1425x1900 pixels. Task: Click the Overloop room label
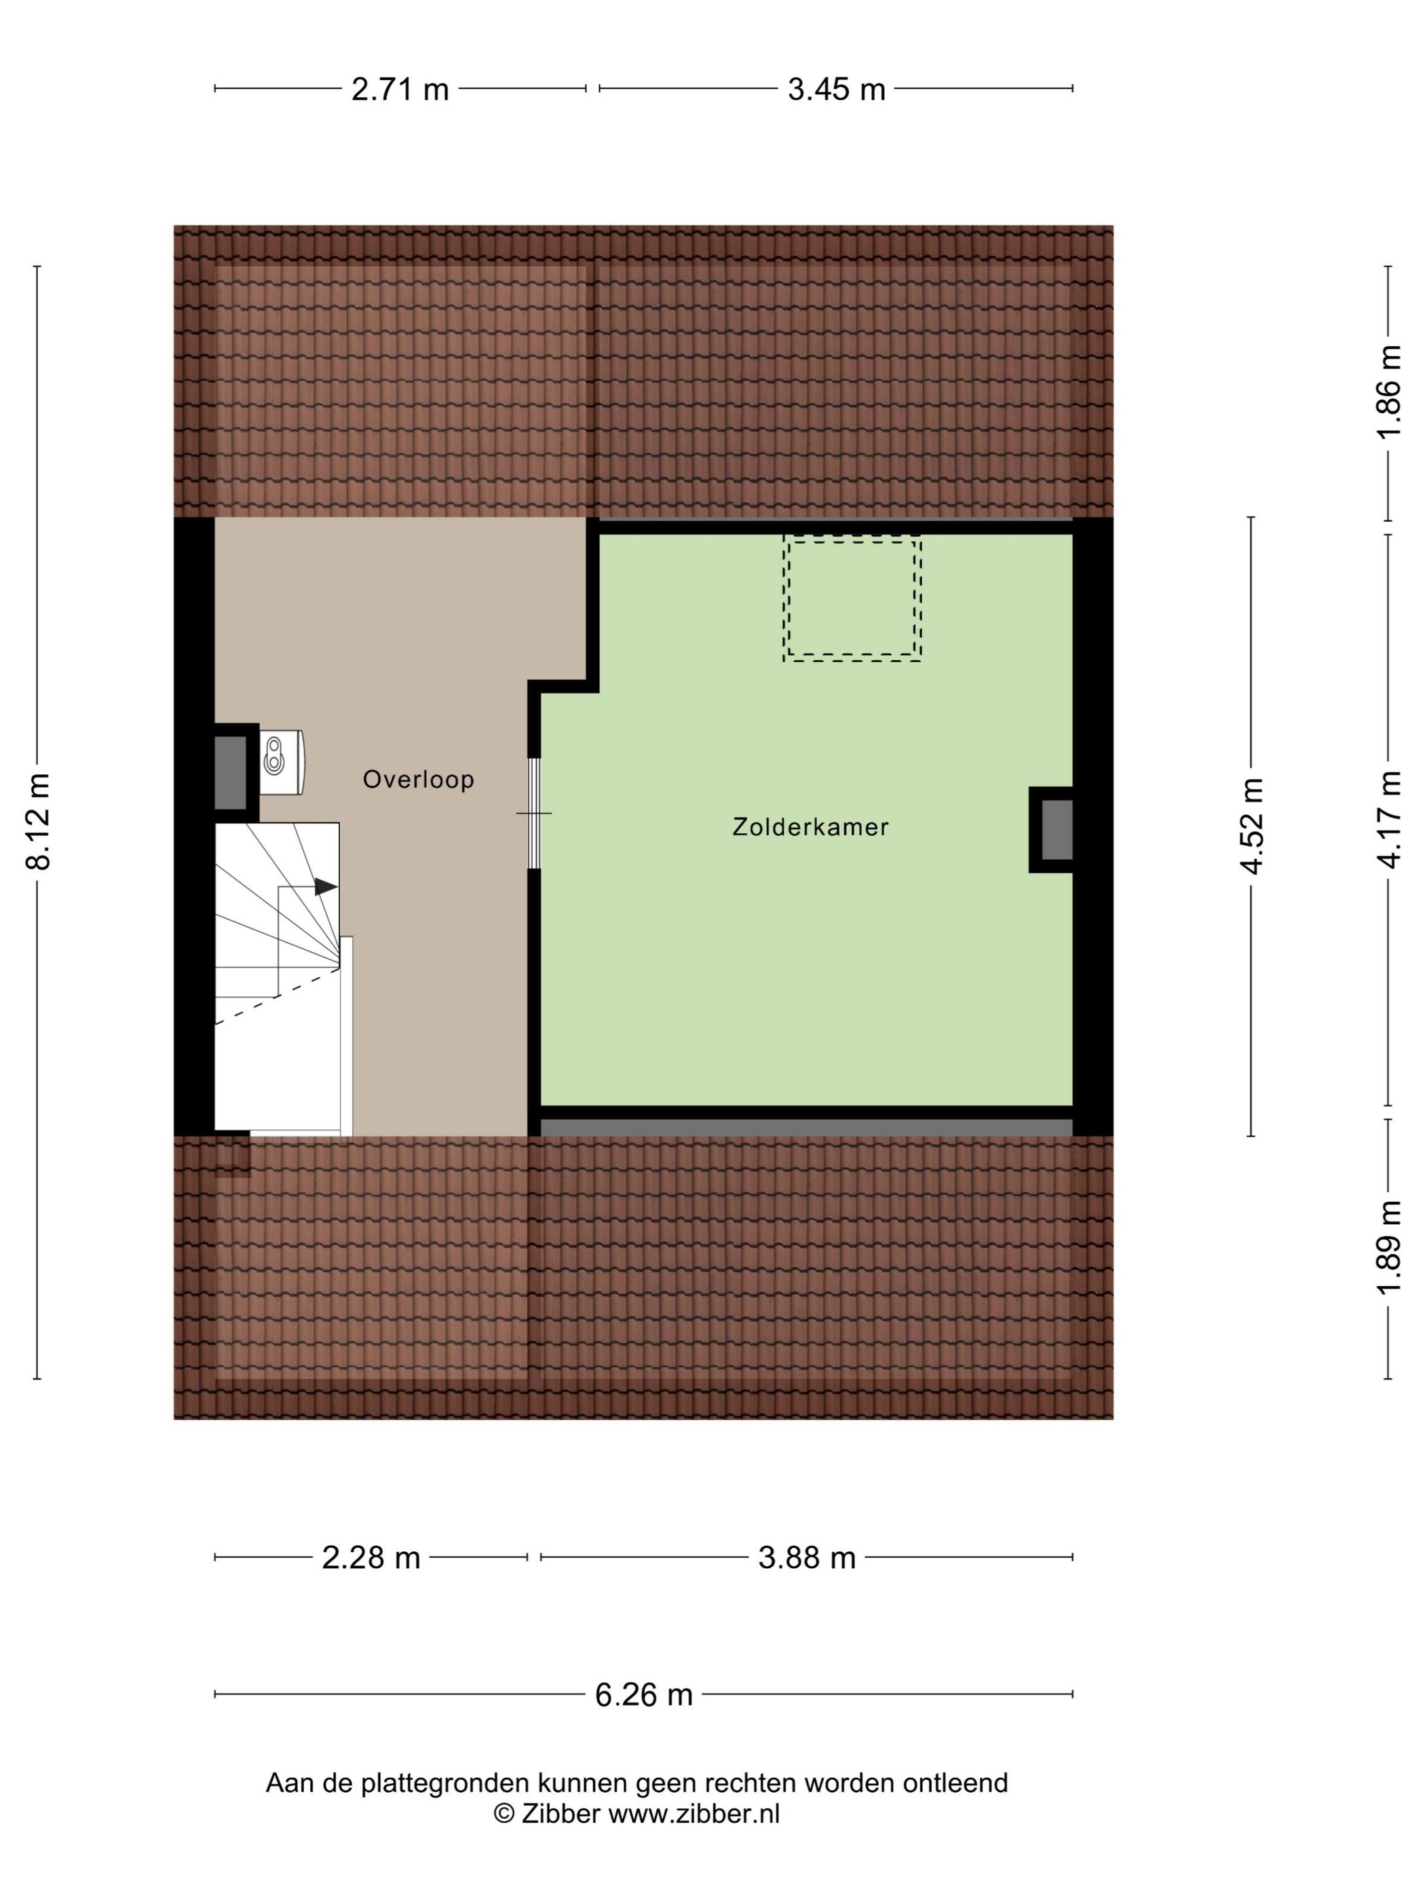point(418,779)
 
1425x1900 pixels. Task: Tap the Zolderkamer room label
point(810,826)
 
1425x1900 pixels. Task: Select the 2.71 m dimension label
point(400,88)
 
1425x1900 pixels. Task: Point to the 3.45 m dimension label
point(837,88)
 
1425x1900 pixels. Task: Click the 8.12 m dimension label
point(39,822)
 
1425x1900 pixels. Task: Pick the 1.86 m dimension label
point(1389,392)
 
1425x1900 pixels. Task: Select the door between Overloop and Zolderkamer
point(533,812)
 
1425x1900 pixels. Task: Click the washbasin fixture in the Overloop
point(282,762)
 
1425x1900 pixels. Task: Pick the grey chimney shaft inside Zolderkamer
point(1057,830)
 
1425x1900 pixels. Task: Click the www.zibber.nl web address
point(694,1814)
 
